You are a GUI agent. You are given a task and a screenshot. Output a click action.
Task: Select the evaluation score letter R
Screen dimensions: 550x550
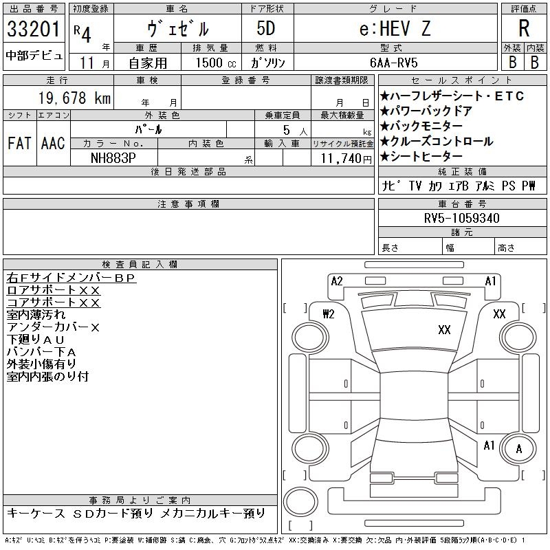tap(524, 29)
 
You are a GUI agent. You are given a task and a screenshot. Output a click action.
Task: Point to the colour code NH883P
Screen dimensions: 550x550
tap(113, 158)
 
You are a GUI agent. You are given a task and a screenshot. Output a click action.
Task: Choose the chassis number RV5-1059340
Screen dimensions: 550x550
tap(462, 218)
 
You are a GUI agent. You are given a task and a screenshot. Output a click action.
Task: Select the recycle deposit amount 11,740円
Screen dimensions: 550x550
tap(342, 158)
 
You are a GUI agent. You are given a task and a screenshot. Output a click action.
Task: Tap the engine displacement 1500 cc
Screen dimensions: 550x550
tap(210, 63)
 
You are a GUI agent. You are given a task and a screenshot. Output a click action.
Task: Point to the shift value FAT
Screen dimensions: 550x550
tap(20, 143)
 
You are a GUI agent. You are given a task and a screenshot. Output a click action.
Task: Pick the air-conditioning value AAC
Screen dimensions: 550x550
tap(53, 143)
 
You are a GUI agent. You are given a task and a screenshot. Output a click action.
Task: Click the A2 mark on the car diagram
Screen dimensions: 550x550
tap(337, 281)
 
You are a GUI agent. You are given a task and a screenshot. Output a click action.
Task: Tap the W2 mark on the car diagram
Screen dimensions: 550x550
tap(328, 314)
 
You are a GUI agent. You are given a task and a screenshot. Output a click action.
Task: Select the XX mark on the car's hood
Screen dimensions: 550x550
tap(444, 330)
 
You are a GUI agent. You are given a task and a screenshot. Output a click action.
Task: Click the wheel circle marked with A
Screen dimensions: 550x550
tap(519, 450)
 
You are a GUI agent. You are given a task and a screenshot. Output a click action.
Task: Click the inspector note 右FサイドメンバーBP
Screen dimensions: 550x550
tap(71, 278)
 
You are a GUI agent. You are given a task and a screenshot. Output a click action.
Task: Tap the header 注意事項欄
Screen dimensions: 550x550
tap(188, 204)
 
